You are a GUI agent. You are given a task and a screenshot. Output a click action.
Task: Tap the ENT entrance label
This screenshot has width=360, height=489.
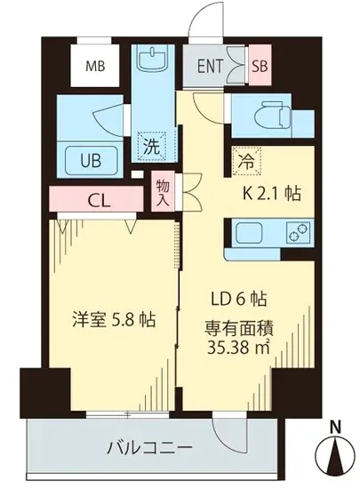coord(211,65)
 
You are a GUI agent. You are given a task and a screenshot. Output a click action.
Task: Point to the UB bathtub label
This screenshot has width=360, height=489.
coord(91,162)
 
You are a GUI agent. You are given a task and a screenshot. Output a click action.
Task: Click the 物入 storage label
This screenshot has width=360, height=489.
coord(163,188)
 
